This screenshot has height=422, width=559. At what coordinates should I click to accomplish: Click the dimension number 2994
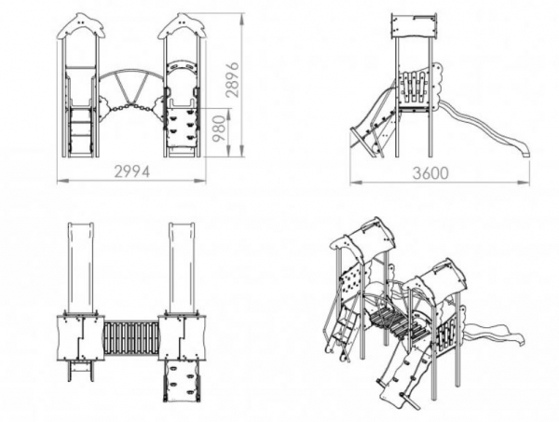tap(133, 170)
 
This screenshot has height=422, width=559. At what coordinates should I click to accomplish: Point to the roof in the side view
tap(414, 26)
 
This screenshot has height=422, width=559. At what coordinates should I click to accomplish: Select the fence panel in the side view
tap(416, 88)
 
